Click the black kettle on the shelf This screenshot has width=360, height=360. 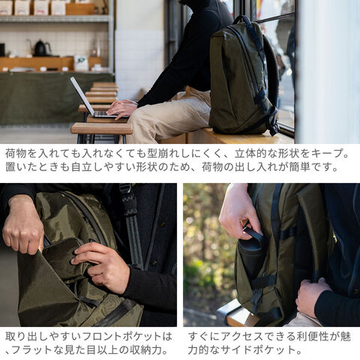(40, 48)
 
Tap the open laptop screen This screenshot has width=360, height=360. (82, 96)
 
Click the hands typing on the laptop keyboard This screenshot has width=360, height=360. (121, 109)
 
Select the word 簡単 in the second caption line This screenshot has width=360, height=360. (300, 166)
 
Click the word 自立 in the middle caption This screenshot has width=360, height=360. (82, 166)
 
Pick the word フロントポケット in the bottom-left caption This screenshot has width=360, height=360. (121, 336)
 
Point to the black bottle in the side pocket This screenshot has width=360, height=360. (250, 253)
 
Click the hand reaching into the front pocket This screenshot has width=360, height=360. (101, 266)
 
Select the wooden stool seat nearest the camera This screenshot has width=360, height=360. (102, 128)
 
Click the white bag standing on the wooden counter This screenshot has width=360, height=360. (81, 63)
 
